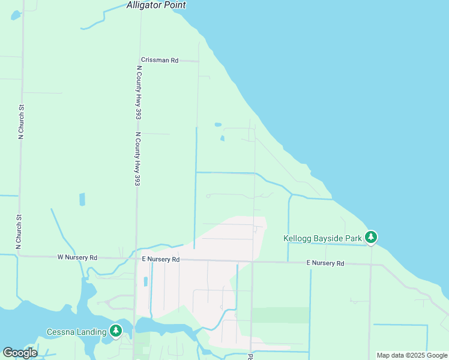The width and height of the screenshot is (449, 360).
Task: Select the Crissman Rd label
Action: pos(160,60)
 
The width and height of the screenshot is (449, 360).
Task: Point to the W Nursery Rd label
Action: pos(77,257)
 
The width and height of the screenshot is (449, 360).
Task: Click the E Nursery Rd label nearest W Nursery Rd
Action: pos(160,259)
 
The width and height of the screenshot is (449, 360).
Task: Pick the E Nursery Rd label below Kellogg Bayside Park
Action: pos(325,263)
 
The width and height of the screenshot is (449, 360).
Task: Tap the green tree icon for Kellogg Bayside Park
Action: pos(372,238)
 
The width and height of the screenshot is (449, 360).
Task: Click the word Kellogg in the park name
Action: pos(298,238)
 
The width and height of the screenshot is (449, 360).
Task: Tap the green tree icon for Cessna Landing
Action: pos(116,331)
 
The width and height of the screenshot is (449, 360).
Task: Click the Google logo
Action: pos(20,352)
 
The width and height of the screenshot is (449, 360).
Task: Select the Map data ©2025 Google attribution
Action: pos(412,355)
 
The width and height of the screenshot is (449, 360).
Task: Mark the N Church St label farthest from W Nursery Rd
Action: pos(20,122)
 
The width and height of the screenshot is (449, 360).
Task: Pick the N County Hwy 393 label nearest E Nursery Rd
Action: pos(137,158)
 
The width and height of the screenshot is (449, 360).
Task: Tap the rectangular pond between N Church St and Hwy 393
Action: pos(82,199)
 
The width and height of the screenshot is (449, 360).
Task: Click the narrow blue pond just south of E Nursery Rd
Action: pos(145,281)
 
